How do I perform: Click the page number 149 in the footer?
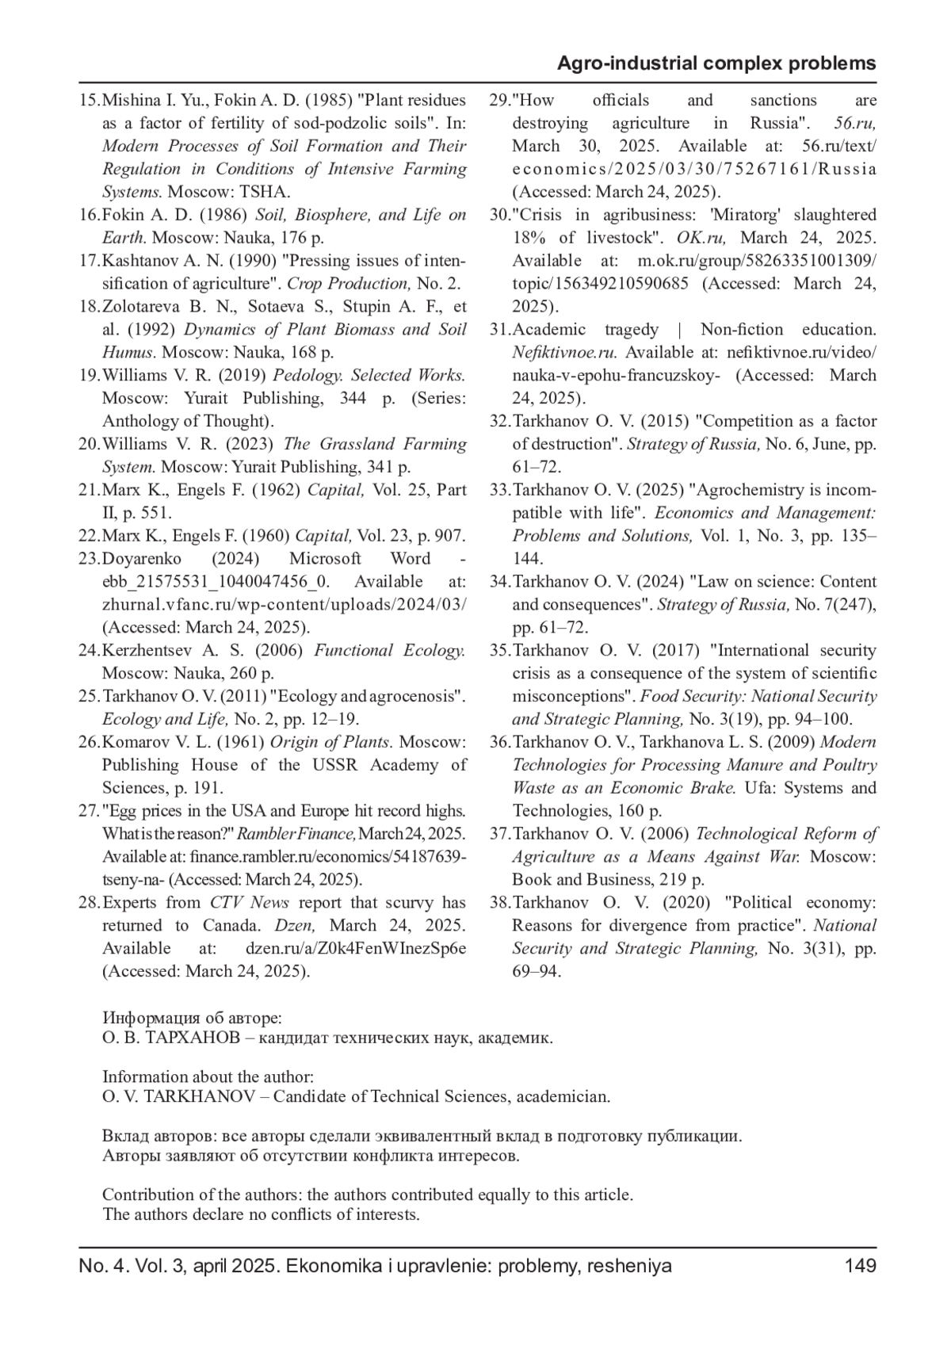860,1266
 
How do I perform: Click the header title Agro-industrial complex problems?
716,63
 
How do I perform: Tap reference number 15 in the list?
90,101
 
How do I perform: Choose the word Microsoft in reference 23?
325,559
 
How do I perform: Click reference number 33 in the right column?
499,490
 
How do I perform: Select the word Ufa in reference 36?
758,789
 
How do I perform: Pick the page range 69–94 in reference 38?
537,972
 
